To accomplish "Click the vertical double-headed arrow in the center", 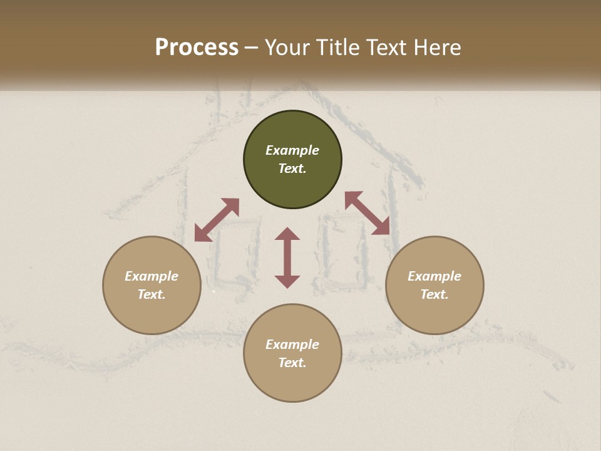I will tap(287, 257).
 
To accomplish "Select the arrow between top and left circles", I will tap(217, 220).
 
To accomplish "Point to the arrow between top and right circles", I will tap(367, 213).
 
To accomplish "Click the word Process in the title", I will tap(197, 47).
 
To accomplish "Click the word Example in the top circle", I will tap(292, 150).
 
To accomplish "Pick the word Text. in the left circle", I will tap(152, 294).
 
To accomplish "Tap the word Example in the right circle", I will tap(434, 276).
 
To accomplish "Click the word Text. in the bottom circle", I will tap(292, 363).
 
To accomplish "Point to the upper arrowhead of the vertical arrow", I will tap(287, 234).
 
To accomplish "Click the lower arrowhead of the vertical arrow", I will tap(287, 281).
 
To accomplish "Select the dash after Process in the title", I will tap(252, 48).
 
